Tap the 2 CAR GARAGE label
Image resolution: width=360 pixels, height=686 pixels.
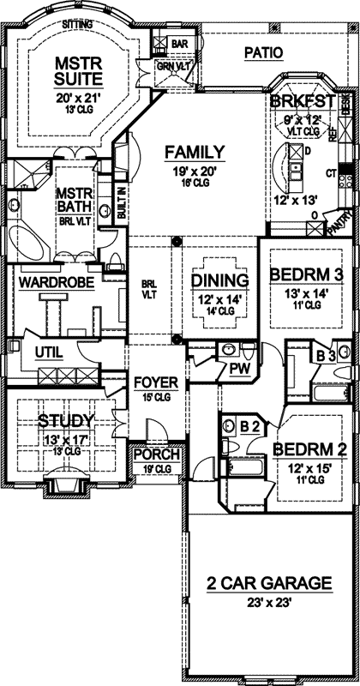tap(257, 584)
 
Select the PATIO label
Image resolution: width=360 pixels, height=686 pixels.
tap(262, 52)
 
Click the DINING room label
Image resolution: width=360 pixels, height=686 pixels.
tap(219, 280)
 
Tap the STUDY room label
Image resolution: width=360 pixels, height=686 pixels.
tap(66, 421)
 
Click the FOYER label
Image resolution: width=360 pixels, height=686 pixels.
tap(154, 382)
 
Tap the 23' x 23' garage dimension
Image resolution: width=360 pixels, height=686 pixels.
tap(257, 602)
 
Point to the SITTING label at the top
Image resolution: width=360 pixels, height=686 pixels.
tap(80, 26)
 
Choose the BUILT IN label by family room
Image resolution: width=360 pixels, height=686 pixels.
tap(122, 203)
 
